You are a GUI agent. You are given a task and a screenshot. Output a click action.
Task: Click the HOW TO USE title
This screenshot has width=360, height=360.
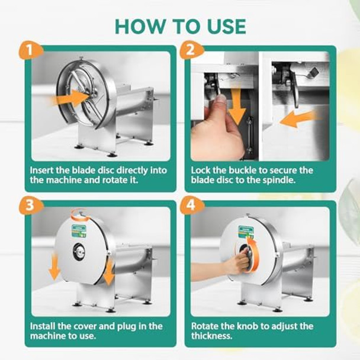coord(179,26)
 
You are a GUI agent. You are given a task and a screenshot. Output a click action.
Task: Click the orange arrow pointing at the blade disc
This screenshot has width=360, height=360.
coord(73,98)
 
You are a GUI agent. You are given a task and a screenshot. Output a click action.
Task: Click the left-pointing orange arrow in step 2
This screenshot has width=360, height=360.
coord(296,118)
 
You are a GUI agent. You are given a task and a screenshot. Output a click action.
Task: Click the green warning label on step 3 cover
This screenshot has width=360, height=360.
coord(79,230)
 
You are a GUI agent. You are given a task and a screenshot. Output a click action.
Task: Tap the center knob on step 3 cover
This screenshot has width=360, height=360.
coord(79,252)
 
